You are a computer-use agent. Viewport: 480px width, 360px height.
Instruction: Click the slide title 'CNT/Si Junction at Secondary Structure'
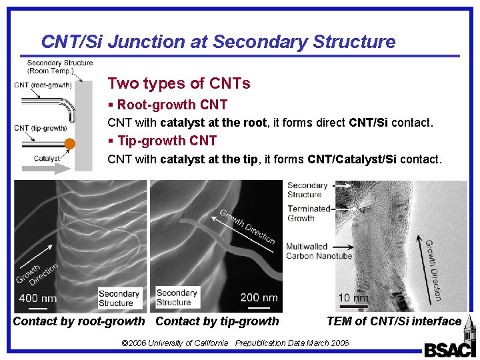coord(218,42)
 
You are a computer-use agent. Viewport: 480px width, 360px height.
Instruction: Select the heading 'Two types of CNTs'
coord(179,83)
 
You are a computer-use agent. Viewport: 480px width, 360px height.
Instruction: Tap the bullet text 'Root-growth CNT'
coord(171,105)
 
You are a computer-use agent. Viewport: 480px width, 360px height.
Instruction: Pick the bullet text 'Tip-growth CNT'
coord(166,141)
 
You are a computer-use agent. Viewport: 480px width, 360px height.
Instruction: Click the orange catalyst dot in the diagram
coord(69,144)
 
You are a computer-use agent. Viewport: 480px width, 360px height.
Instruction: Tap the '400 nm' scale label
coord(37,298)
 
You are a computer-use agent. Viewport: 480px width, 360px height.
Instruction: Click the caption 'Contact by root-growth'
coord(79,321)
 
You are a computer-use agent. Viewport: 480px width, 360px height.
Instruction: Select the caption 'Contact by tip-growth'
coord(217,321)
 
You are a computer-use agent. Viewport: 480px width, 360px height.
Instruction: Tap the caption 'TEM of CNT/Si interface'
coord(393,321)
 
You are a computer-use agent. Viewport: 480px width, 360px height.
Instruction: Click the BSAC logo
coord(449,349)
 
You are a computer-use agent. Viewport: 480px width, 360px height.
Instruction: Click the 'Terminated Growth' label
coord(308,213)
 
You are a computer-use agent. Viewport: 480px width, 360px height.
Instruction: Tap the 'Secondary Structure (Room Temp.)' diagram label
coord(59,67)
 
